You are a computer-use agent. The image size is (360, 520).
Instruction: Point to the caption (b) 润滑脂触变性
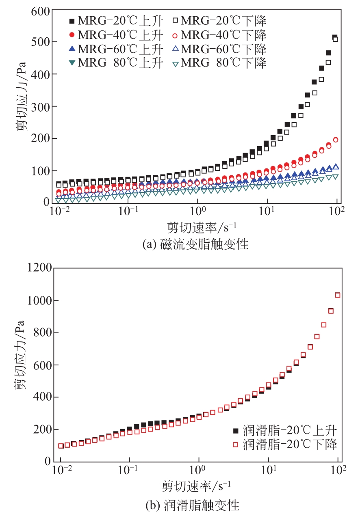(192, 505)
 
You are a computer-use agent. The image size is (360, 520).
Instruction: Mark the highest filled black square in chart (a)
(335, 37)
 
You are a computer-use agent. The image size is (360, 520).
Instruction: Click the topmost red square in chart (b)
(337, 295)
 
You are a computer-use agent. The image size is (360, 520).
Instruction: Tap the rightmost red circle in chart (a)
(336, 140)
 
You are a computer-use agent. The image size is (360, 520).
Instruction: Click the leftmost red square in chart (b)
(61, 446)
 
